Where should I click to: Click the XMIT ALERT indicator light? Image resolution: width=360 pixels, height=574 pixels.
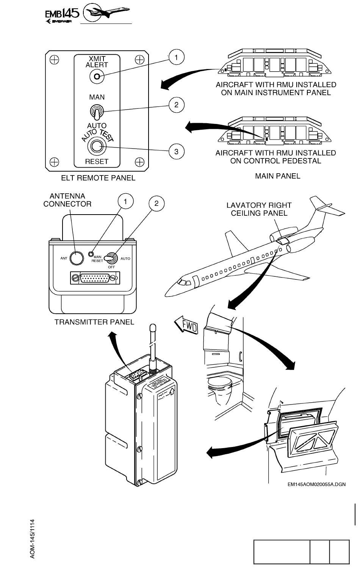click(x=97, y=77)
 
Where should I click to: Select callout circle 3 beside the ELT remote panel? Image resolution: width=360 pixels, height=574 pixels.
click(x=176, y=151)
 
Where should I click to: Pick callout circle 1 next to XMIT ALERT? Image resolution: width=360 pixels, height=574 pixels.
click(x=176, y=58)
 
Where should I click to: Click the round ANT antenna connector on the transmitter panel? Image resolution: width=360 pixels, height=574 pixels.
click(x=77, y=258)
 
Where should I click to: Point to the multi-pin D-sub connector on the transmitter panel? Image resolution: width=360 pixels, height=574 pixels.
click(x=95, y=278)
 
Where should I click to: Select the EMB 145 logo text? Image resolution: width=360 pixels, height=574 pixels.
click(x=62, y=14)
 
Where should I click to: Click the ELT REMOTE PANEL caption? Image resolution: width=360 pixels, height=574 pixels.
click(x=98, y=178)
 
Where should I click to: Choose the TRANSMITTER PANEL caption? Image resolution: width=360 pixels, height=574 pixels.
click(x=94, y=322)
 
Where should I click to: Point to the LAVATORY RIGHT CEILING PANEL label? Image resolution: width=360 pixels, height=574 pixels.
click(x=259, y=209)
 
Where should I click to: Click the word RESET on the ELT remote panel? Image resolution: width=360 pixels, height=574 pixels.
click(x=97, y=162)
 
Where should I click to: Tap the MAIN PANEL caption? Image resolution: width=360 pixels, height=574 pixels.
click(x=277, y=176)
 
